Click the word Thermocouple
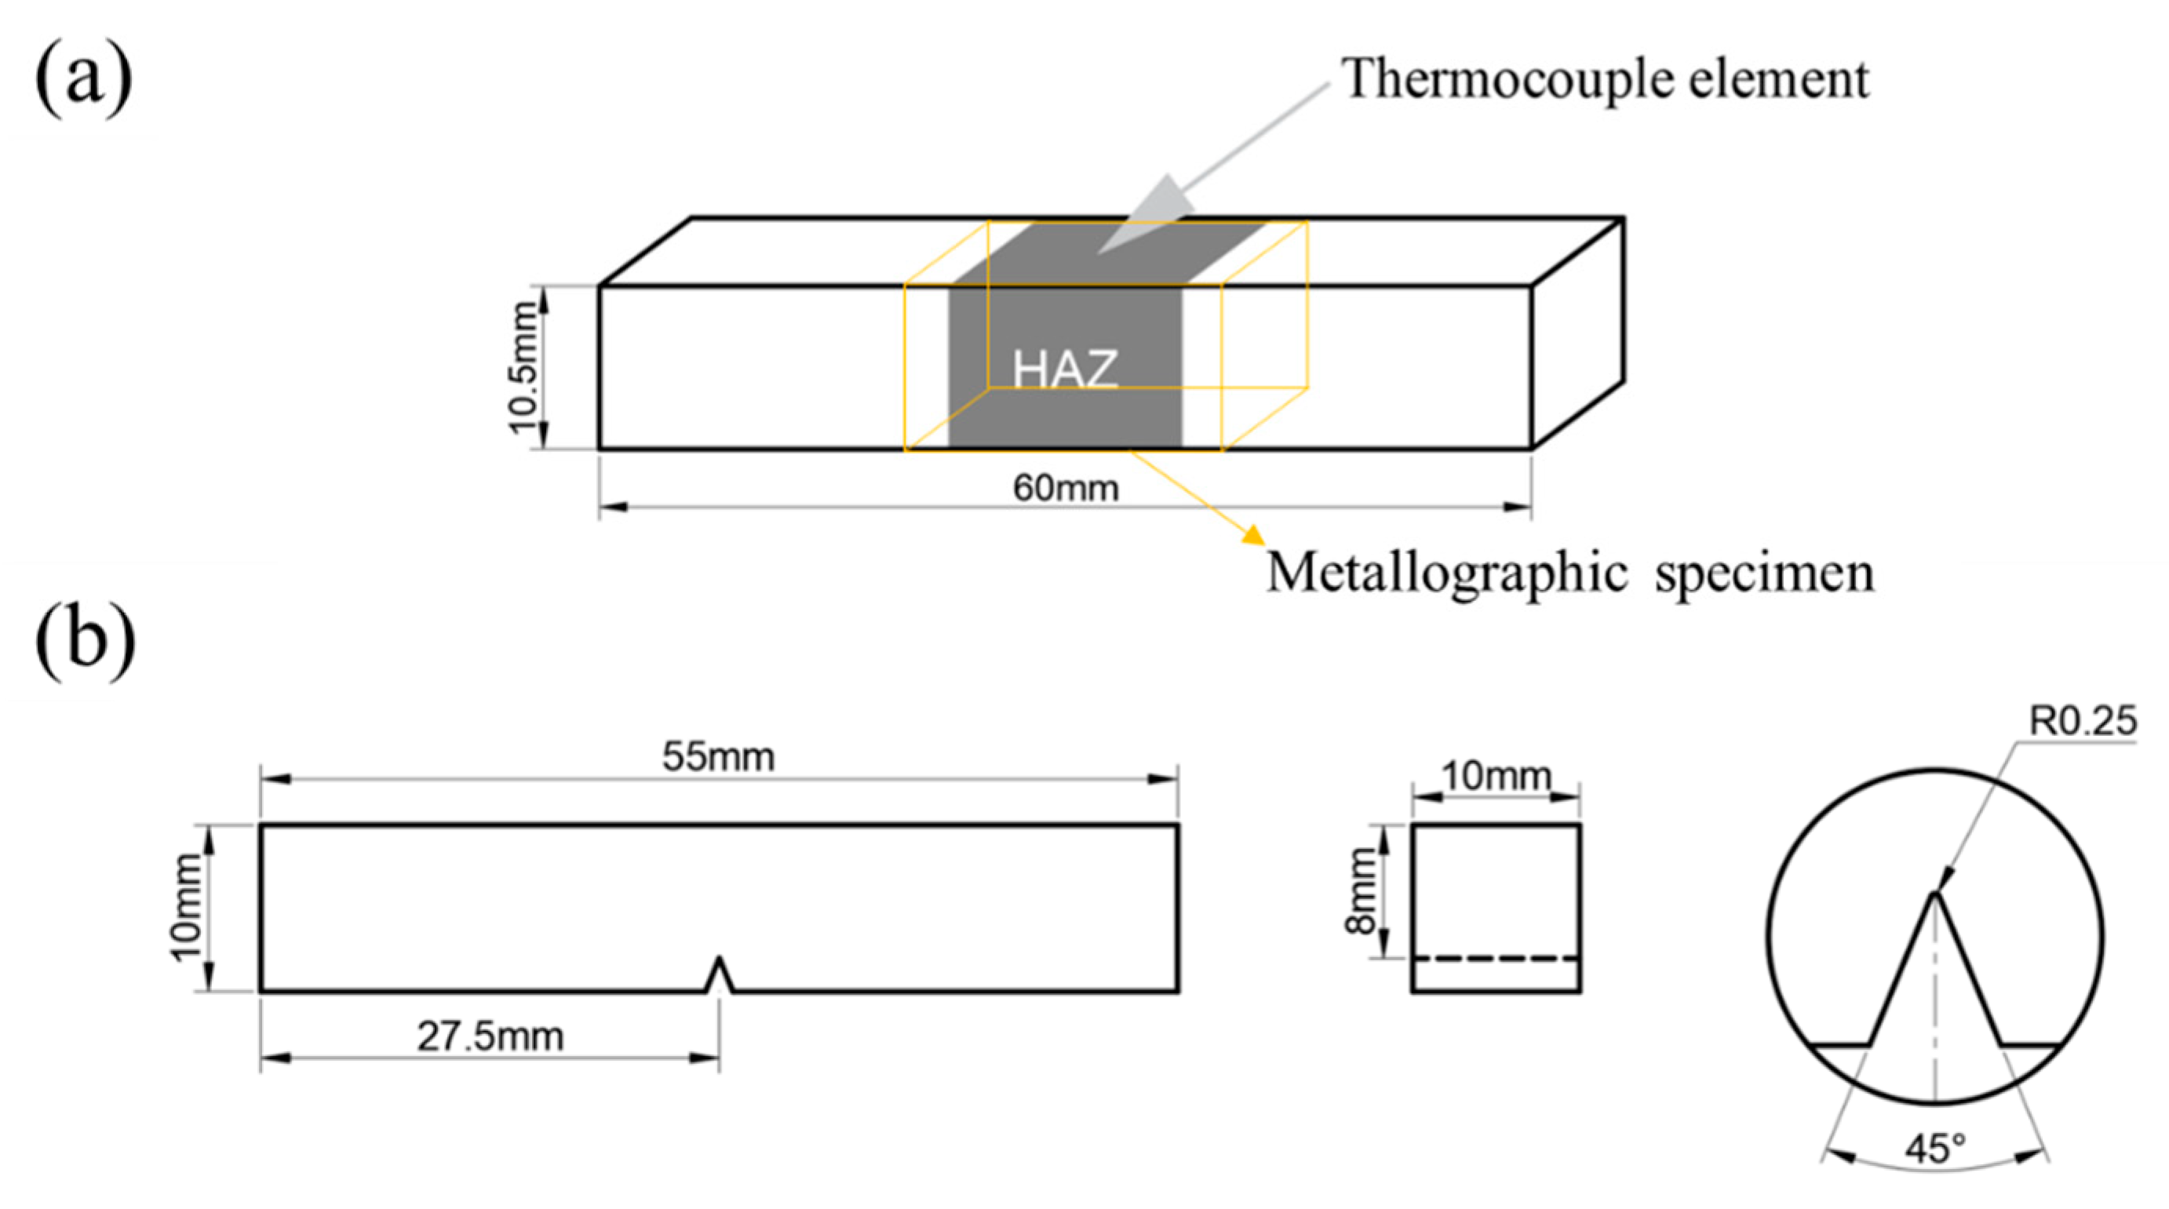coord(1482,80)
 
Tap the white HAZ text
coord(1065,369)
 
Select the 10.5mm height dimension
coord(523,368)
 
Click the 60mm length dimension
coord(1065,488)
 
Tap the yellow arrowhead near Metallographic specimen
coord(1253,536)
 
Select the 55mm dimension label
coord(717,757)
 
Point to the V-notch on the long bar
coord(718,976)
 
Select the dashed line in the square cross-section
coord(1496,958)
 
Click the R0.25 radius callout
coord(2081,722)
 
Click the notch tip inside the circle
coord(1934,897)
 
